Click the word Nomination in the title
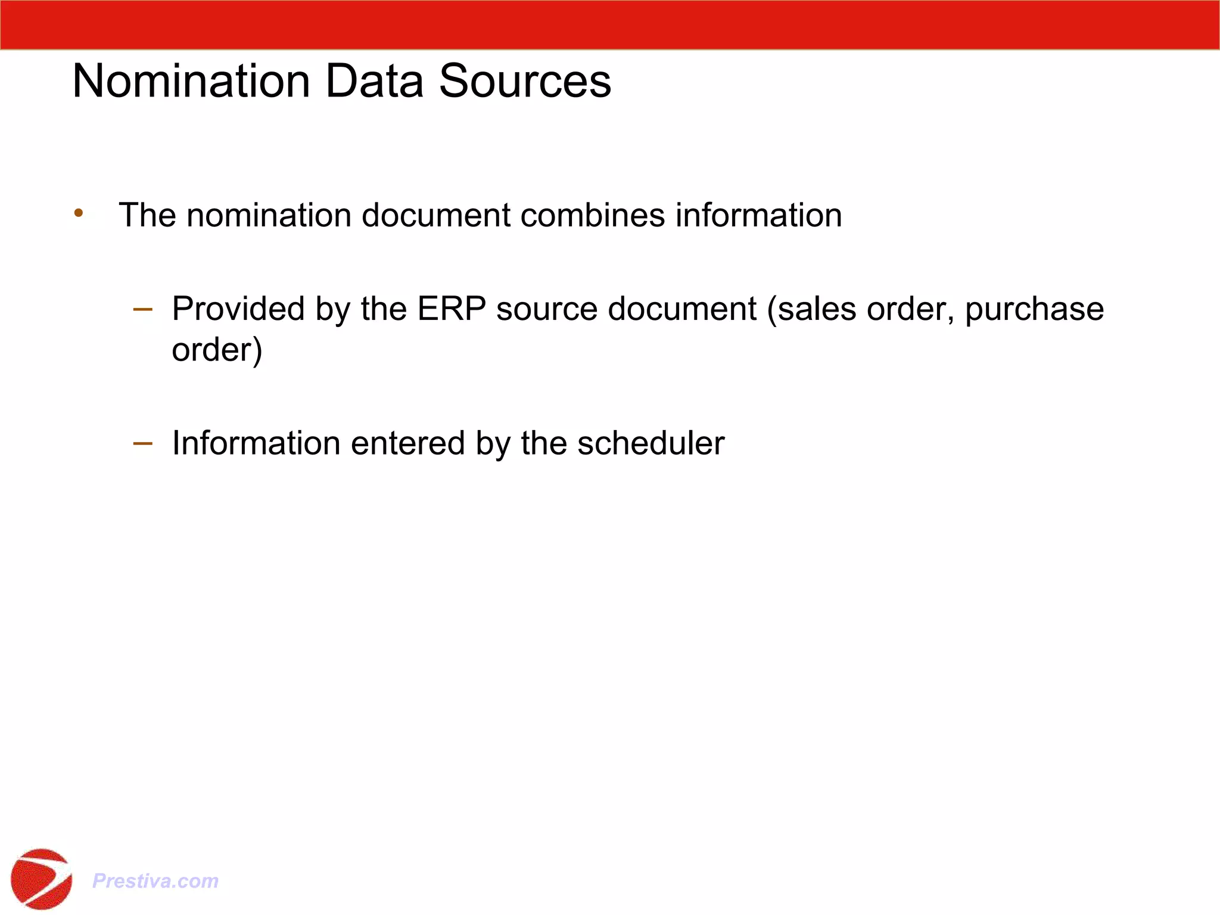(191, 81)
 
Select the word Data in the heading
(374, 81)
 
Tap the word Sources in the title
(525, 81)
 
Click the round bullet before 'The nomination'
(79, 213)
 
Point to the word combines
(592, 215)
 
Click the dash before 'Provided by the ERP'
(143, 309)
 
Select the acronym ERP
(451, 309)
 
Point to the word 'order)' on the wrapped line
(217, 350)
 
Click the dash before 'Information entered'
(143, 443)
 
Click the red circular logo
(41, 879)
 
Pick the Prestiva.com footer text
(155, 880)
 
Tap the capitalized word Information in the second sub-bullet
(256, 444)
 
